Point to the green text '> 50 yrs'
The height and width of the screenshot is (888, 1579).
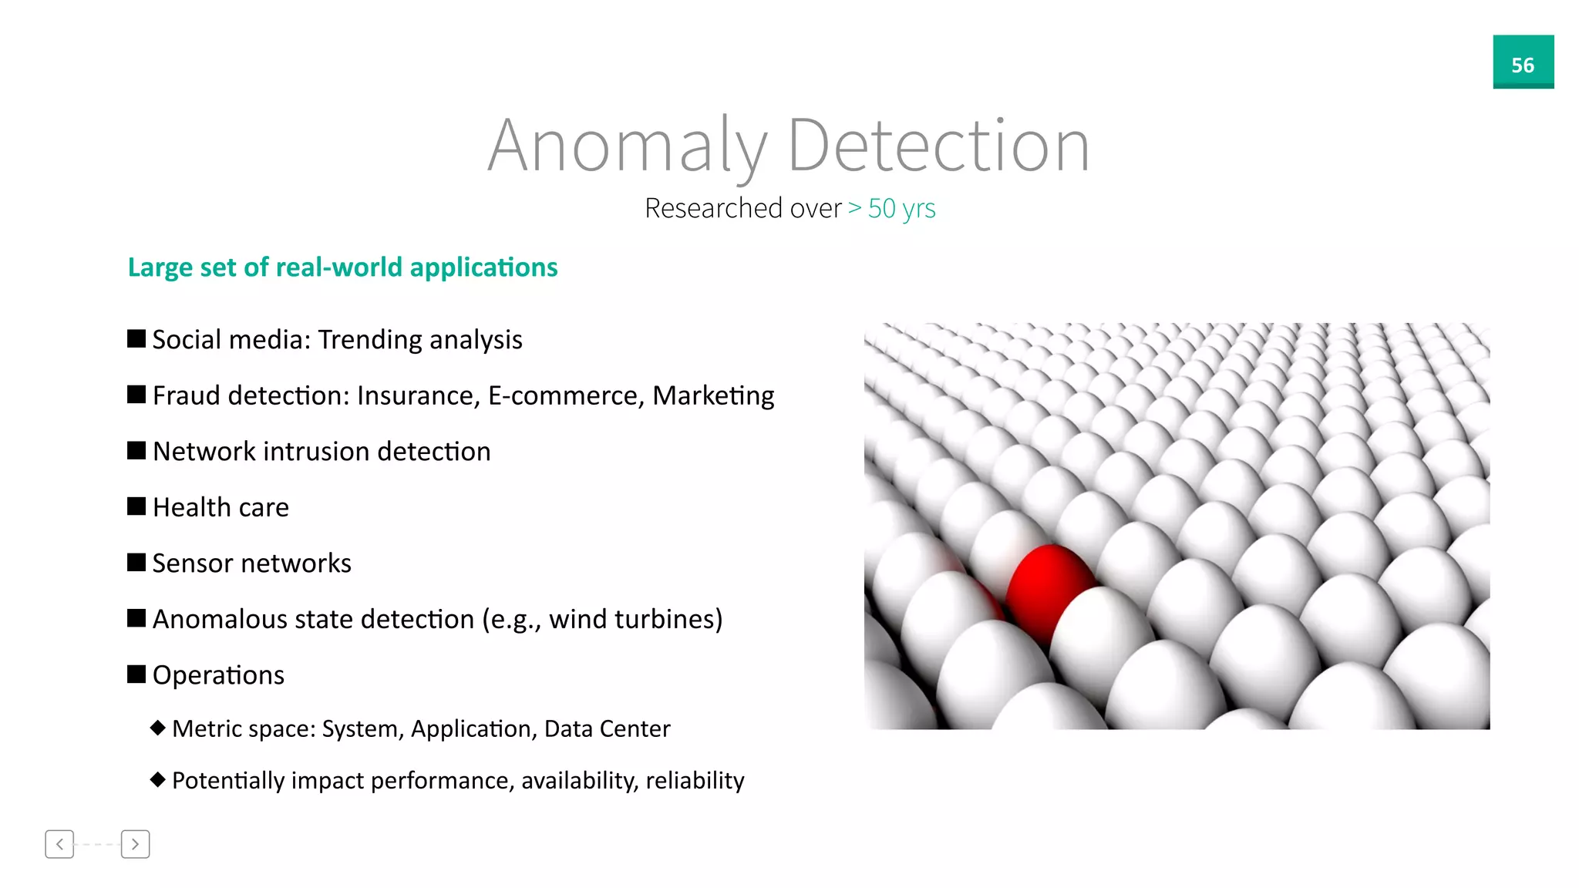892,208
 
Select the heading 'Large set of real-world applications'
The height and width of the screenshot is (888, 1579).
342,267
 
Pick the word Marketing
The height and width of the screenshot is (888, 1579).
713,395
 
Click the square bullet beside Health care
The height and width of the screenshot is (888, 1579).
136,506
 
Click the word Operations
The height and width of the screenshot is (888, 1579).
218,675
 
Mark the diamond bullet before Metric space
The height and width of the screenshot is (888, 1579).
158,728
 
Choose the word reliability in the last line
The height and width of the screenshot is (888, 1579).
695,780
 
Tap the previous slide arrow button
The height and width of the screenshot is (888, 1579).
59,844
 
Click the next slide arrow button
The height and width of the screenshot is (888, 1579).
135,844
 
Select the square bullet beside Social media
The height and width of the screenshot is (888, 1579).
136,339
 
